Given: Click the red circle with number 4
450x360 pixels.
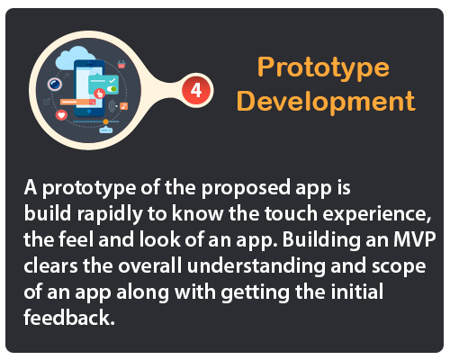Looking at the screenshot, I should click(x=196, y=90).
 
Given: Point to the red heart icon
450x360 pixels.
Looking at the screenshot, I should click(x=62, y=115).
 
